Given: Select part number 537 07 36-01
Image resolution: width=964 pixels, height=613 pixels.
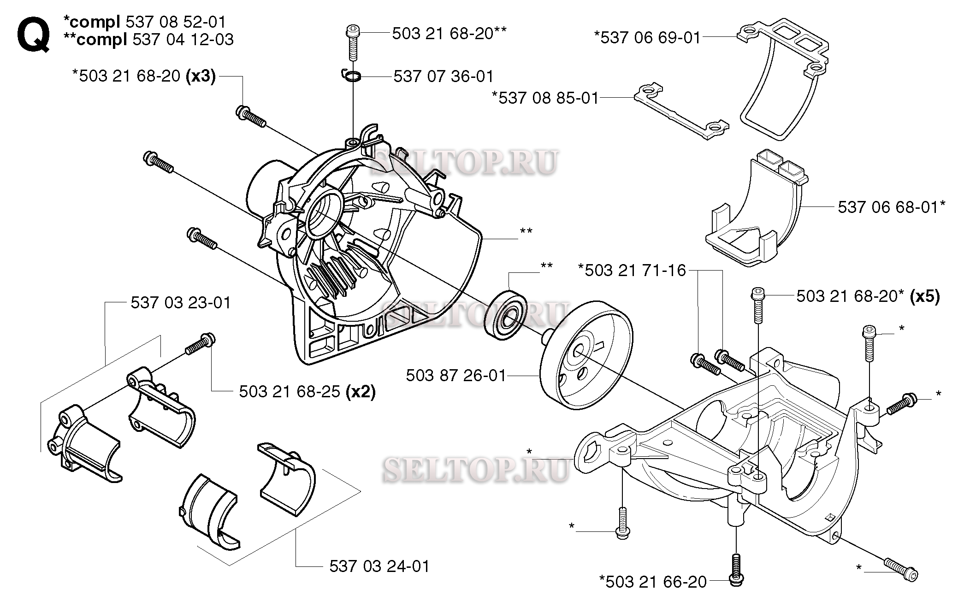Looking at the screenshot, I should coord(443,77).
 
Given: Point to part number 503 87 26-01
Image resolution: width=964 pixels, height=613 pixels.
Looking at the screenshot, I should coord(455,376).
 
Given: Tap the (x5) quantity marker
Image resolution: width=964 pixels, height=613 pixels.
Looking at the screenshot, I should coord(925,296).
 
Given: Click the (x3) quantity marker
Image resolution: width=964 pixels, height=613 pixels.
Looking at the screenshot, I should coord(201,76).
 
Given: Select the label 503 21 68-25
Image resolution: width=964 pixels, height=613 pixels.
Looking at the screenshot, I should coord(289,392).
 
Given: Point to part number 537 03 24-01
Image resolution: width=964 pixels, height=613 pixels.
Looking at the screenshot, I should coord(379,566).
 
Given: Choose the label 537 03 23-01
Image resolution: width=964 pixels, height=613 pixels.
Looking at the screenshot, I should coord(181,303).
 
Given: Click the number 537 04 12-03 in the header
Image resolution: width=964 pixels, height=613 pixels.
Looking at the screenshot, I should coord(183,40).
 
